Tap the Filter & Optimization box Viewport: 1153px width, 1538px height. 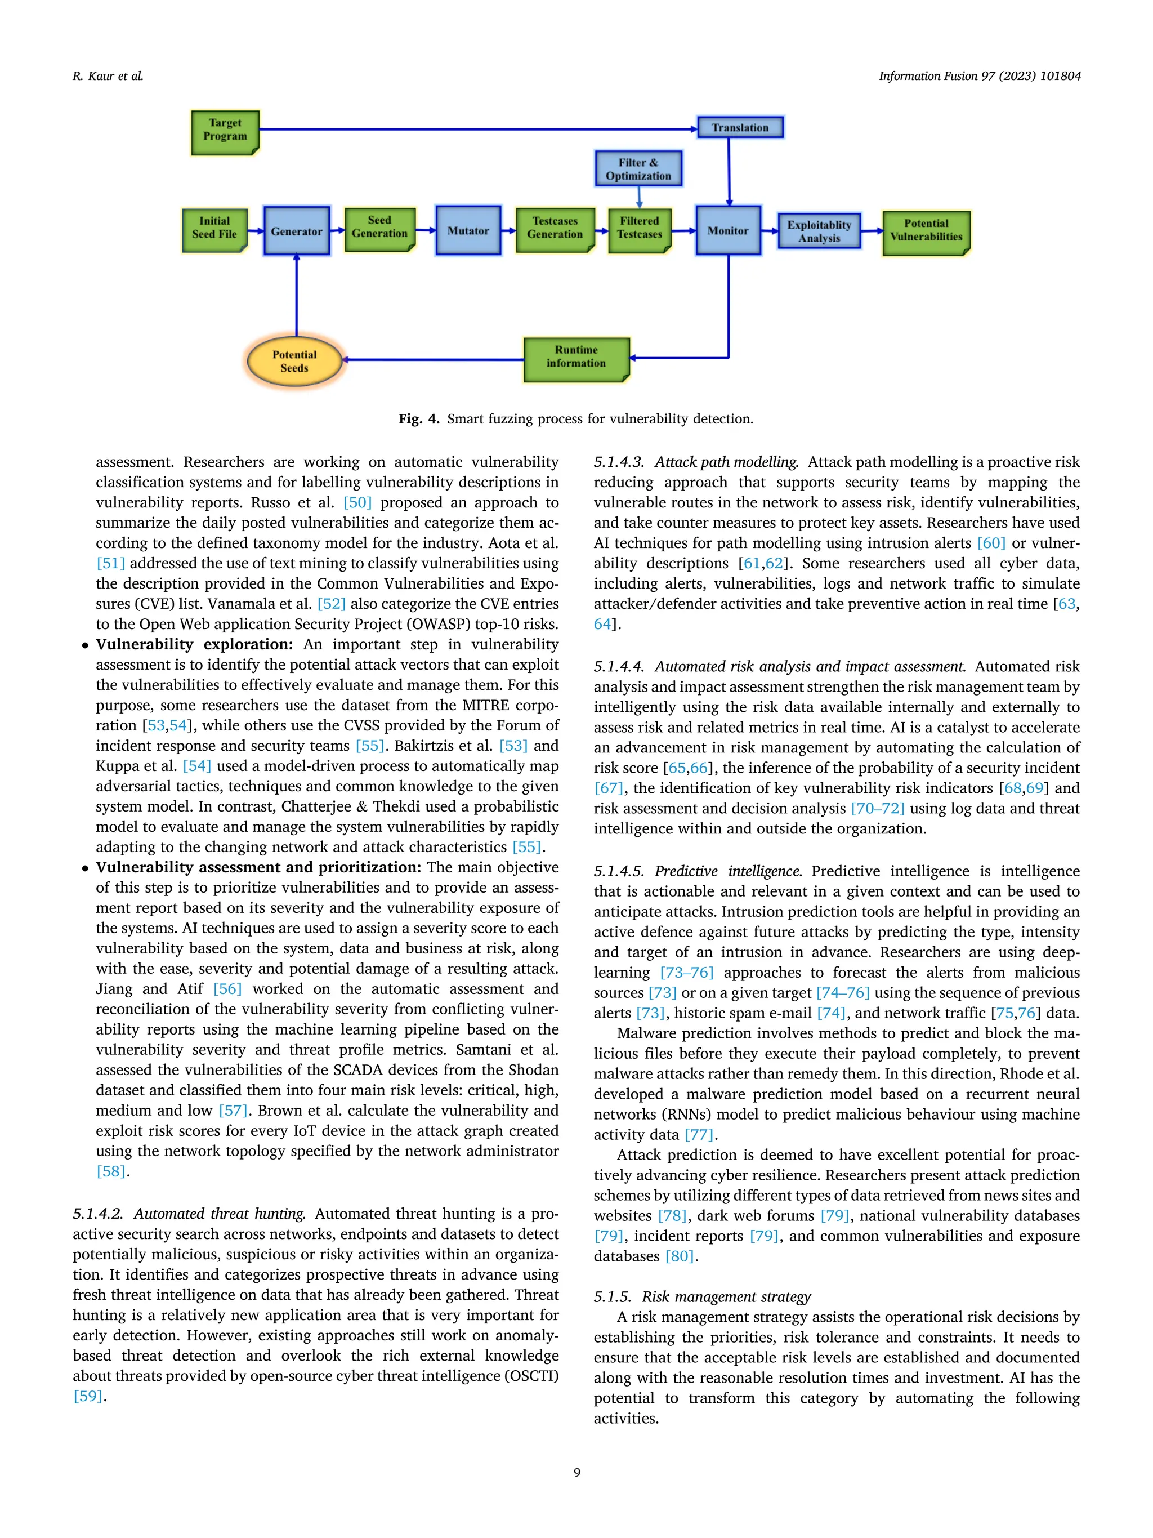point(638,169)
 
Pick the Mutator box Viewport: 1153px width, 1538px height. point(468,231)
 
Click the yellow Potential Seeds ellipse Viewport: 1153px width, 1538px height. point(294,362)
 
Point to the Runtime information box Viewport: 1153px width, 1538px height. point(576,358)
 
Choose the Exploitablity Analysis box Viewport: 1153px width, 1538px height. point(819,231)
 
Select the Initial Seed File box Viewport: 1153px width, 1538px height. point(214,229)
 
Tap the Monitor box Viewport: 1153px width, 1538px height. point(727,231)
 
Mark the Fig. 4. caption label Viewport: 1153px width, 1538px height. point(418,418)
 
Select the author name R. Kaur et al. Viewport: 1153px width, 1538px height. point(108,76)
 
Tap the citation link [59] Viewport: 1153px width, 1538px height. point(88,1396)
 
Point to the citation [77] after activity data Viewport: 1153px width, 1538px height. point(699,1135)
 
